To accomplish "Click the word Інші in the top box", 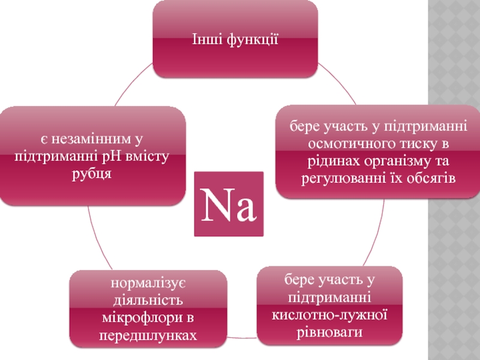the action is click(x=205, y=41).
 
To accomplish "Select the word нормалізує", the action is click(x=148, y=282).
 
